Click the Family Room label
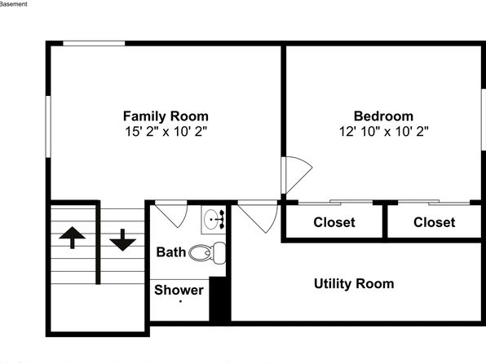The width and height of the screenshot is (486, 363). (x=166, y=116)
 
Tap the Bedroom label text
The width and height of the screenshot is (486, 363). (x=383, y=116)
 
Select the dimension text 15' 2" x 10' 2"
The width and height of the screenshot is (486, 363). (x=166, y=132)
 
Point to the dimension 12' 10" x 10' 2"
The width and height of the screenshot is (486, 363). (x=384, y=132)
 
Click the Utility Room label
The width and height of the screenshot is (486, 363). (x=354, y=284)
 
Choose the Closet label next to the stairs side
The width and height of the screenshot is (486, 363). (x=334, y=222)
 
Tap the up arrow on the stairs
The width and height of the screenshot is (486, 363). (x=73, y=238)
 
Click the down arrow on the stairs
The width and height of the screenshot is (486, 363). (x=123, y=240)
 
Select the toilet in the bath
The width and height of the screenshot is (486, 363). (x=207, y=253)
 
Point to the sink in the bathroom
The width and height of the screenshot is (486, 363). (x=214, y=220)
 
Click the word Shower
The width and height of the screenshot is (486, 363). (x=179, y=290)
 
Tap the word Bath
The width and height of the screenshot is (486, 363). (x=170, y=252)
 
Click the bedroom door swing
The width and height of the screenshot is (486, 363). (x=296, y=175)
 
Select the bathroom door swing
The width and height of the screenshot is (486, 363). (x=171, y=214)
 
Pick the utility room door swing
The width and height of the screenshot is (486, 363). (x=258, y=216)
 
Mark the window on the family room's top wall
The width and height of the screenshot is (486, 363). (x=94, y=43)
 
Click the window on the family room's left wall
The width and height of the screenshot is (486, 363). (x=48, y=127)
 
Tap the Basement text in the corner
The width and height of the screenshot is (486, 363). (x=13, y=4)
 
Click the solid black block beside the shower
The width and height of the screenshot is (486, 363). (x=219, y=300)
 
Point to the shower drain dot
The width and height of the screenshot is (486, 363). (x=180, y=301)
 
